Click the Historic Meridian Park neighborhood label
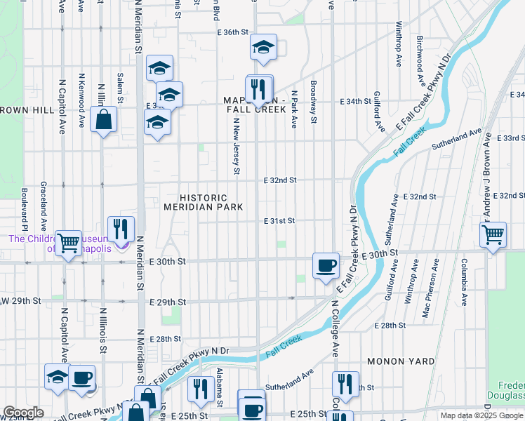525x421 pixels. pyautogui.click(x=203, y=203)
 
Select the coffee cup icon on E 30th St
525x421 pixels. pyautogui.click(x=326, y=266)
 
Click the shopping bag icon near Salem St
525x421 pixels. pyautogui.click(x=104, y=120)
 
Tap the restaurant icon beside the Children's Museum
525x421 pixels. pyautogui.click(x=121, y=229)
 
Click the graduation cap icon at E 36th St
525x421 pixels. pyautogui.click(x=263, y=48)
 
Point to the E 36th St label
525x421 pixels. pyautogui.click(x=233, y=32)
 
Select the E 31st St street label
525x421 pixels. pyautogui.click(x=279, y=221)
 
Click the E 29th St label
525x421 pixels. pyautogui.click(x=168, y=302)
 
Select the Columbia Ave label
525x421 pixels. pyautogui.click(x=464, y=278)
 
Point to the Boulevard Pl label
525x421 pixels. pyautogui.click(x=23, y=210)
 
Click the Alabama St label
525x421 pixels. pyautogui.click(x=219, y=396)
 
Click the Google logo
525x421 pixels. pyautogui.click(x=23, y=413)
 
